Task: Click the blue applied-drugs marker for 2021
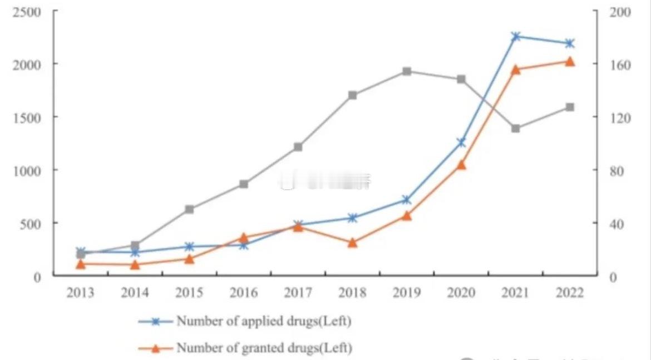click(x=516, y=36)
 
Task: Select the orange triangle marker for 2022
click(x=570, y=61)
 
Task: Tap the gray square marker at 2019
click(x=407, y=71)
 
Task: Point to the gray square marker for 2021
click(x=516, y=129)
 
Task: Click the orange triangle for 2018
click(x=352, y=243)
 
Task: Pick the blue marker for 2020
click(x=461, y=142)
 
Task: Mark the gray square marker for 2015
click(x=189, y=209)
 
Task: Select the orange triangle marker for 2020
click(x=461, y=165)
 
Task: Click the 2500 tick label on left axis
click(x=27, y=12)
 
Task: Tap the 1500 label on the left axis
click(x=27, y=117)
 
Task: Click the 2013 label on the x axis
click(x=81, y=293)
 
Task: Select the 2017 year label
click(x=298, y=293)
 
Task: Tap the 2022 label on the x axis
click(x=570, y=293)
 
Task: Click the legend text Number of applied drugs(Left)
click(x=264, y=321)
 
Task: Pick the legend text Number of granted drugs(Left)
click(x=264, y=348)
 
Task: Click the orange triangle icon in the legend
click(x=156, y=348)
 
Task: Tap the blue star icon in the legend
click(x=156, y=322)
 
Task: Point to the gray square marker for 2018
click(x=352, y=95)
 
